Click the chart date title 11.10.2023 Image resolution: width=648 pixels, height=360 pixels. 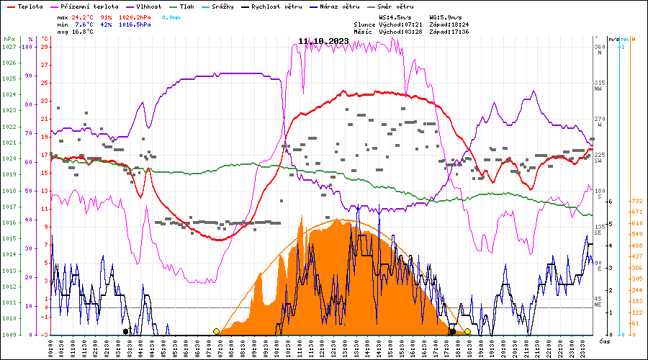323,40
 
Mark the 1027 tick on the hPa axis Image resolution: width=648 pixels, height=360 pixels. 9,47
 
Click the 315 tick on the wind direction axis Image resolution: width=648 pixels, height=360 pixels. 598,83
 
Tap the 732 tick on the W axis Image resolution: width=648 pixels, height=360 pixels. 636,201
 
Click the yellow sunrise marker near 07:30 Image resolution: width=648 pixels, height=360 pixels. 216,331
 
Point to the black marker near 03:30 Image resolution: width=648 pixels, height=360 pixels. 126,331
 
